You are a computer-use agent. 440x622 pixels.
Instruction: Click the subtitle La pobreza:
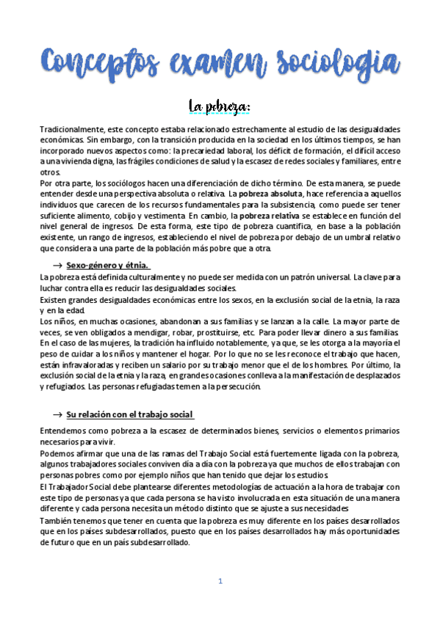coord(220,108)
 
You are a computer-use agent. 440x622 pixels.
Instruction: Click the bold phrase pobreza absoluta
coord(266,193)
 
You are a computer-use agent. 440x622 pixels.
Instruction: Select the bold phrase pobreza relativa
coord(264,216)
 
